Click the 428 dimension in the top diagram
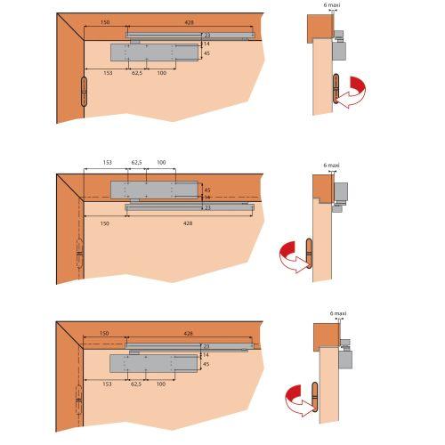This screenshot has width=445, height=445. [x=189, y=22]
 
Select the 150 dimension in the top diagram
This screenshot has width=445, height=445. [x=105, y=22]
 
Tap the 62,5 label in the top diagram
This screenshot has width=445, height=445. [x=137, y=73]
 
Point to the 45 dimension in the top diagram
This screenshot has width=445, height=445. [x=206, y=53]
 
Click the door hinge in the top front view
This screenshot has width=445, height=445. [x=85, y=92]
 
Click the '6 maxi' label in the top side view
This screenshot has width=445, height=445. [x=332, y=5]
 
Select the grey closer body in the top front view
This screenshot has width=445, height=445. [x=154, y=53]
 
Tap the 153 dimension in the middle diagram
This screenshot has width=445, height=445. [x=108, y=162]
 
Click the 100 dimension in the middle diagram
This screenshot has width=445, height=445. [x=161, y=162]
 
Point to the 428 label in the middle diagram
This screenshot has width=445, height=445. [x=188, y=223]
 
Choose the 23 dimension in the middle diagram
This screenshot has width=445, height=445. [x=207, y=207]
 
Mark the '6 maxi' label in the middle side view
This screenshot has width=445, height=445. [x=331, y=166]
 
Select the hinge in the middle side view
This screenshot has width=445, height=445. [x=309, y=254]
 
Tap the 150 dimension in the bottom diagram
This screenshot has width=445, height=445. [x=104, y=333]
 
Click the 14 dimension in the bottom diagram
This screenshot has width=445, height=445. [x=206, y=355]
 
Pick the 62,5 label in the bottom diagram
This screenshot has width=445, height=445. [x=136, y=384]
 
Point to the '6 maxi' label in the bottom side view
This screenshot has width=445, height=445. [x=338, y=313]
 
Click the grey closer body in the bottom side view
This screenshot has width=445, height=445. [x=345, y=360]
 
